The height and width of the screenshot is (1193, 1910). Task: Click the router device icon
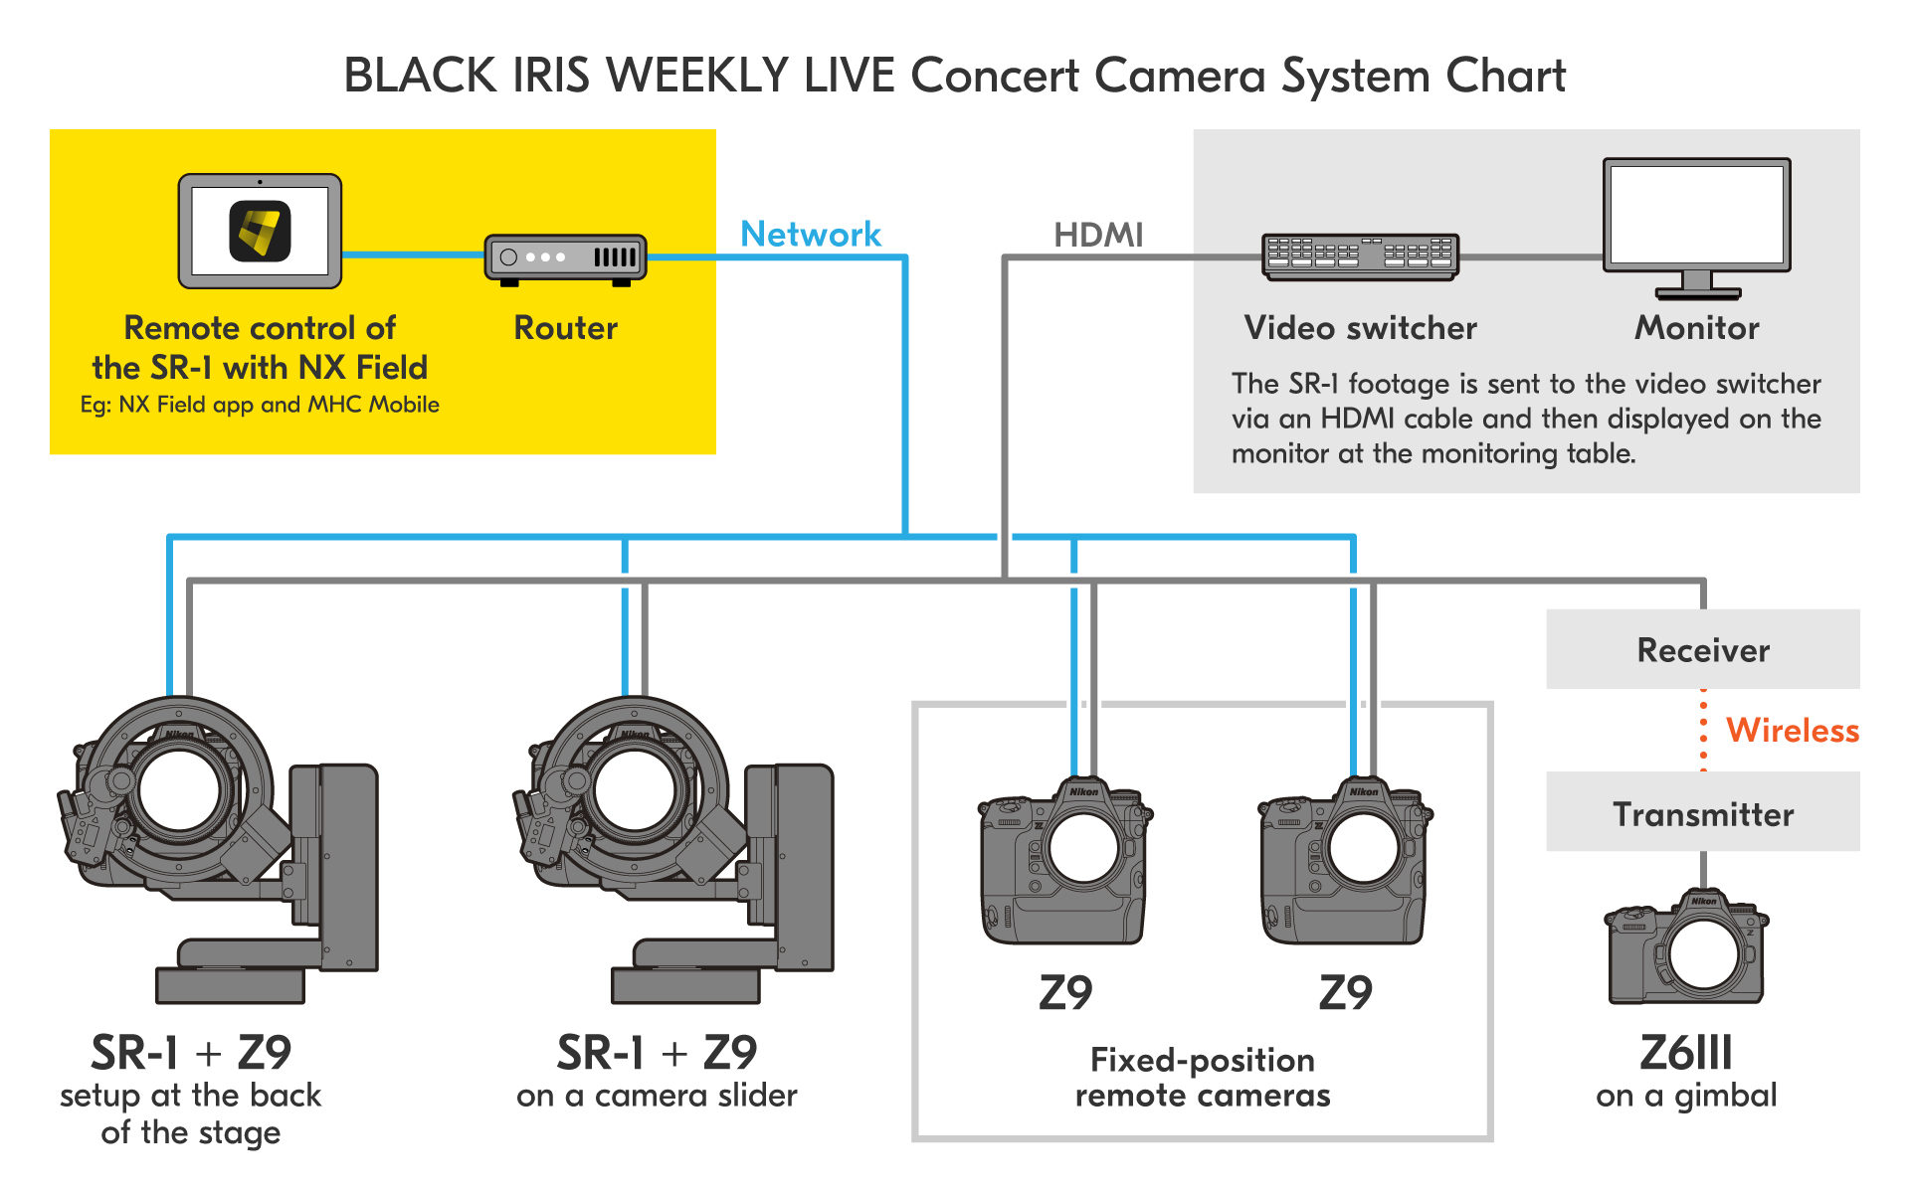click(x=565, y=258)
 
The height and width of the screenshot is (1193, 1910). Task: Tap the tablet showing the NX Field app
click(x=260, y=232)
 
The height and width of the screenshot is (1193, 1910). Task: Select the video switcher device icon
click(x=1360, y=256)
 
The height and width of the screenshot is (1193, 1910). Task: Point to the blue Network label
click(x=811, y=235)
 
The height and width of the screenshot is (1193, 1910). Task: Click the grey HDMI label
click(x=1098, y=236)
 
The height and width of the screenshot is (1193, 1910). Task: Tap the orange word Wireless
click(x=1792, y=731)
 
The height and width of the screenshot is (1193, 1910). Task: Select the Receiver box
click(x=1703, y=650)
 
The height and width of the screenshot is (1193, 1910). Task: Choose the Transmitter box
click(x=1703, y=814)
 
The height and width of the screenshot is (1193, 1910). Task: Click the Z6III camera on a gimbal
click(x=1687, y=949)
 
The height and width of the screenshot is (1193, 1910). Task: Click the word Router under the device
click(x=565, y=328)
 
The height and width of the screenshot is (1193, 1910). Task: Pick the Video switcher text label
click(x=1360, y=328)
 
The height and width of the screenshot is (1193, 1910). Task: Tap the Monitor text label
click(x=1697, y=328)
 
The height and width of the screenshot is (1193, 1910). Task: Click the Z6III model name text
click(x=1686, y=1053)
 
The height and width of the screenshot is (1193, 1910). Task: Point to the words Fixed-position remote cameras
click(x=1203, y=1078)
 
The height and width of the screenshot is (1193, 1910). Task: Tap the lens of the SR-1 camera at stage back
click(x=179, y=791)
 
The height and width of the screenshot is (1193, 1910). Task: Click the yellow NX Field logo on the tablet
click(x=260, y=232)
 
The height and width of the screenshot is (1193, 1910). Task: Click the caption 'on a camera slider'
click(x=657, y=1096)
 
